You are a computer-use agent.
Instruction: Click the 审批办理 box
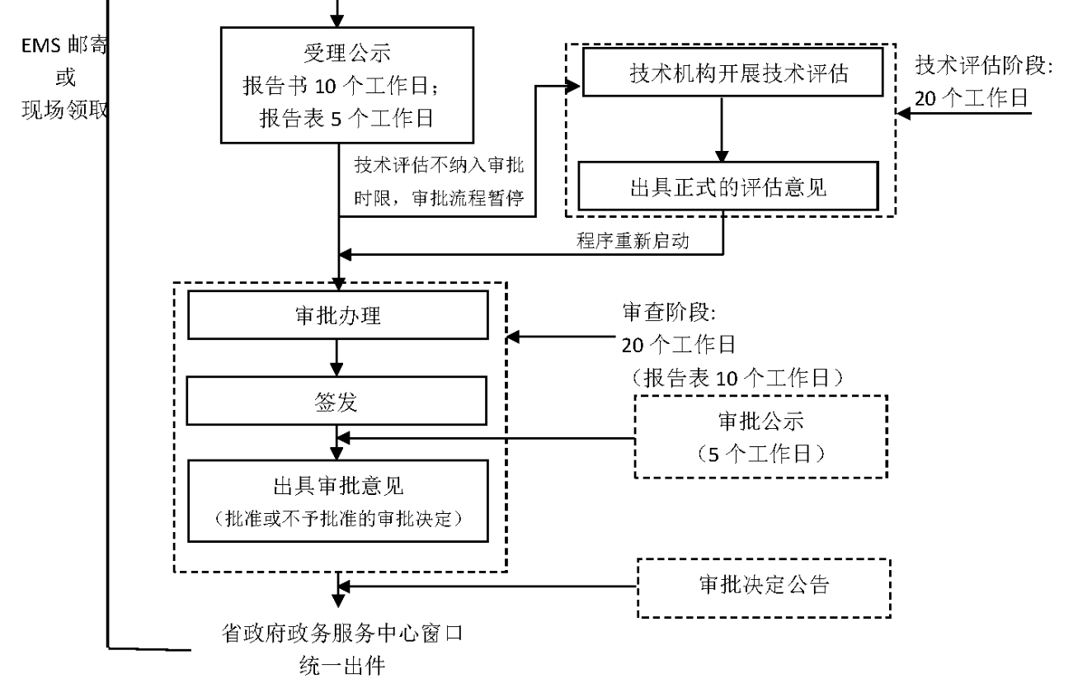338,314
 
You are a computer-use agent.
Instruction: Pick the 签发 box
338,402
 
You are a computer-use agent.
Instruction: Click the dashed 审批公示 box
760,436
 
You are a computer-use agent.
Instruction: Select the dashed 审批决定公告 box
764,587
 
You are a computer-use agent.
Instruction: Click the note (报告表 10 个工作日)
737,378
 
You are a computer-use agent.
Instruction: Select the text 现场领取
64,111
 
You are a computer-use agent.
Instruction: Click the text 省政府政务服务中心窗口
337,634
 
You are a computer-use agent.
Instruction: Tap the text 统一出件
337,665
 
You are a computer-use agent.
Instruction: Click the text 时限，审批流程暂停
440,199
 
